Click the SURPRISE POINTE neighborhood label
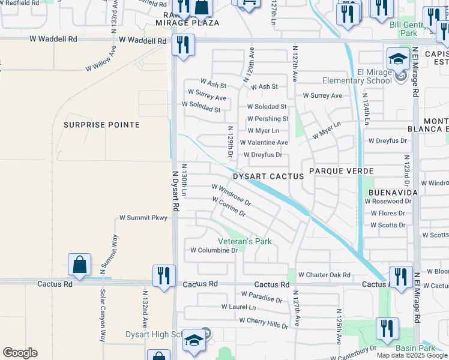[101, 125]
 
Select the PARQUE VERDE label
[341, 171]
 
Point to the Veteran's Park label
[244, 241]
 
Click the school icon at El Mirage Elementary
[397, 59]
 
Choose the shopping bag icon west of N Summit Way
[79, 265]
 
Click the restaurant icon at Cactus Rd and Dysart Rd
[163, 276]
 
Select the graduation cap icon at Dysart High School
[194, 340]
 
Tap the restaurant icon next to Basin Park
[387, 329]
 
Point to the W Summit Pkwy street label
[142, 218]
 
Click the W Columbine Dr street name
[214, 250]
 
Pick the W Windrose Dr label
[231, 195]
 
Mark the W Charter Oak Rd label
[324, 275]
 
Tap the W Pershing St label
[268, 119]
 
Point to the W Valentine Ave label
[264, 143]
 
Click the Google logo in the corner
[20, 353]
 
